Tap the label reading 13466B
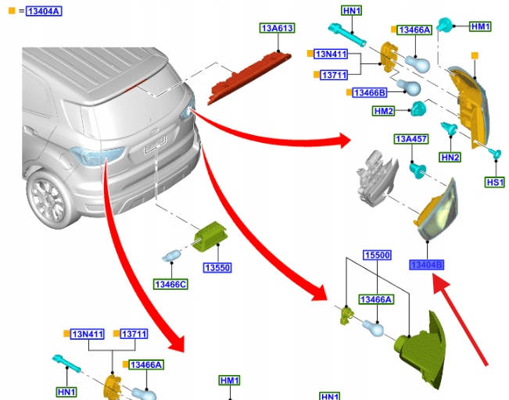370,93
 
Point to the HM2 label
384,112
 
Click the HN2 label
450,157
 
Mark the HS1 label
495,182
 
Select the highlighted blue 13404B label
427,265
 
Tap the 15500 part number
377,255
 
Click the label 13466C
170,284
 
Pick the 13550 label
217,268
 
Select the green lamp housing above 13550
210,235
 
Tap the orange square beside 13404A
11,10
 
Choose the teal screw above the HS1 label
494,155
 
